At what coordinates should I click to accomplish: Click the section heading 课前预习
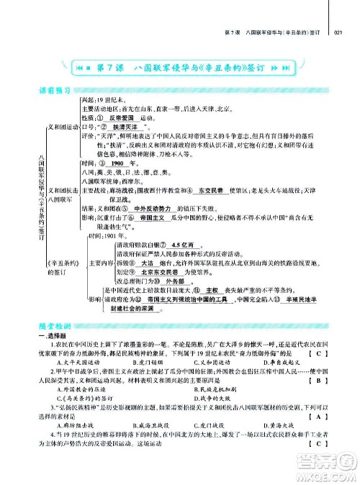pyautogui.click(x=58, y=91)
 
